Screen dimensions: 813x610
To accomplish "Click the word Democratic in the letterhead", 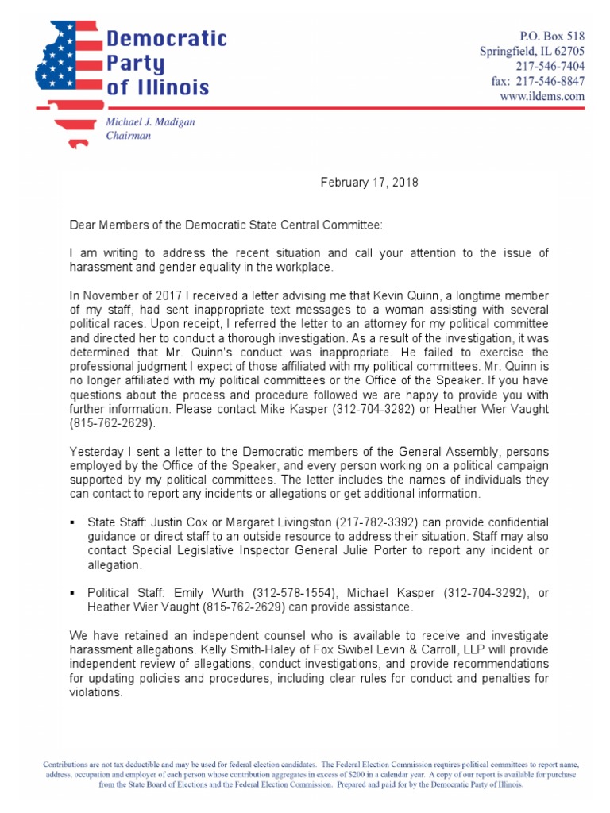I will click(167, 38).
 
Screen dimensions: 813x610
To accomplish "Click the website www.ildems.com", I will click(542, 96).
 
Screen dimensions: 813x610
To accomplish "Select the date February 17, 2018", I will click(369, 183).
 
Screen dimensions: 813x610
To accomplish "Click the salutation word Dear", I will click(84, 225).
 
